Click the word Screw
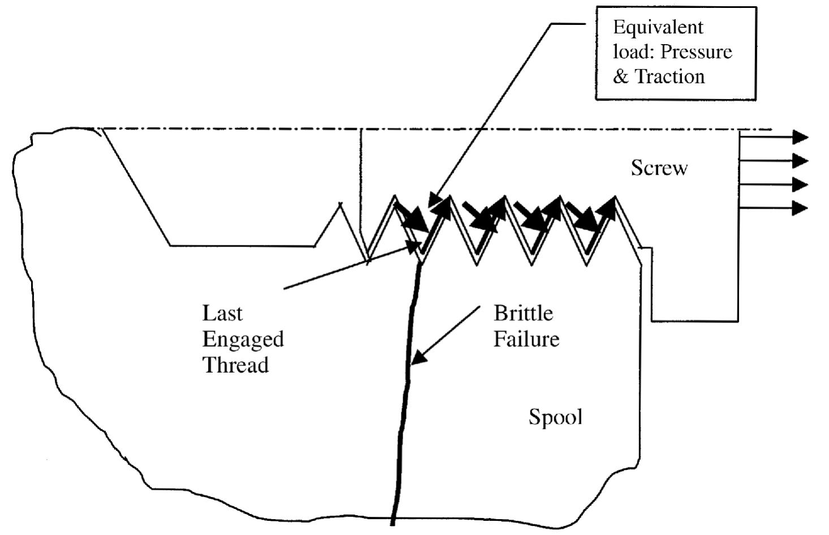pyautogui.click(x=659, y=168)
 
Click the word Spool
pyautogui.click(x=555, y=417)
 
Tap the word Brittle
pyautogui.click(x=523, y=313)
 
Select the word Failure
pyautogui.click(x=526, y=339)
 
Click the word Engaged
pyautogui.click(x=243, y=340)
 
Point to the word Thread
pyautogui.click(x=235, y=365)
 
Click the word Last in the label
pyautogui.click(x=222, y=313)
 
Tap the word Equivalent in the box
pyautogui.click(x=658, y=28)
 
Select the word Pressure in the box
pyautogui.click(x=696, y=52)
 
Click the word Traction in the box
pyautogui.click(x=670, y=76)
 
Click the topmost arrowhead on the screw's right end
pyautogui.click(x=800, y=137)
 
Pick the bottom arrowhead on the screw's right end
pyautogui.click(x=800, y=208)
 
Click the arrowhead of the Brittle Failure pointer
pyautogui.click(x=417, y=357)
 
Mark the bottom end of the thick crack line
pyautogui.click(x=392, y=523)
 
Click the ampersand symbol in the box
pyautogui.click(x=620, y=77)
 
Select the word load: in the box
pyautogui.click(x=634, y=52)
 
